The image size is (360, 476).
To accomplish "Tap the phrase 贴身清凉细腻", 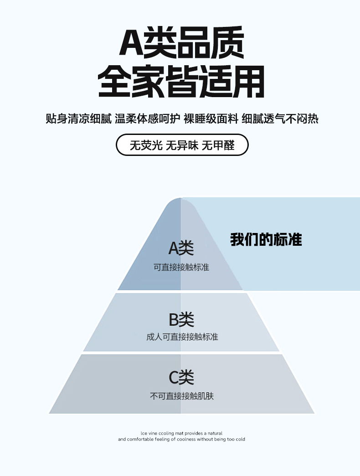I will point(79,119).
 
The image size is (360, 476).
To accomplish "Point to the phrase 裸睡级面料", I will point(211,119).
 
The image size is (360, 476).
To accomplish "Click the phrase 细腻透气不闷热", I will point(280,119).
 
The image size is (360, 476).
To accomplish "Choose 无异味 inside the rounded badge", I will point(182,145).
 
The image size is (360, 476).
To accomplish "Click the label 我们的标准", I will point(266,240).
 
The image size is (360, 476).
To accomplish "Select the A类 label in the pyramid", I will point(181,248).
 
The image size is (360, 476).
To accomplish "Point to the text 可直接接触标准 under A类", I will point(181,267).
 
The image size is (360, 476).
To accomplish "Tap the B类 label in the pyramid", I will point(181,320).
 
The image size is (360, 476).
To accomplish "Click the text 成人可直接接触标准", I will point(182,337).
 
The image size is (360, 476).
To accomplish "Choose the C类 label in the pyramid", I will point(181,378).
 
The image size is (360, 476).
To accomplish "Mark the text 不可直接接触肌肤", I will point(182,396).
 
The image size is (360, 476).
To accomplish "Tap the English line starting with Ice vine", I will point(181,433).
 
